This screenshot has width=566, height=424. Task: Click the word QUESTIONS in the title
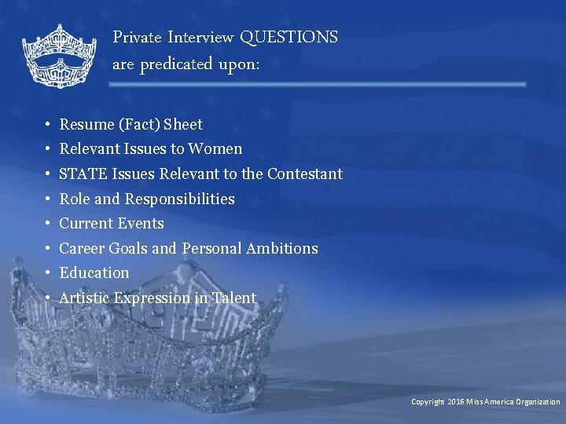tap(289, 37)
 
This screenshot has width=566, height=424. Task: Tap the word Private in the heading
tap(137, 37)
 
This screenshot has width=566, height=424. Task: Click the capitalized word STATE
tap(83, 174)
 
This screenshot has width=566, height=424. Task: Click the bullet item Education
tap(94, 272)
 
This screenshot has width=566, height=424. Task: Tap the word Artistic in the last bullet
tap(85, 298)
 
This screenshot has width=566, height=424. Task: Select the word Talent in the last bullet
tap(233, 298)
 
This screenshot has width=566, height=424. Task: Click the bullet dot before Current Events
tap(48, 224)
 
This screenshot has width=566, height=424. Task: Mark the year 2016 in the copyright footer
tap(457, 401)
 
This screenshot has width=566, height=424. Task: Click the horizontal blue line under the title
tap(318, 84)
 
